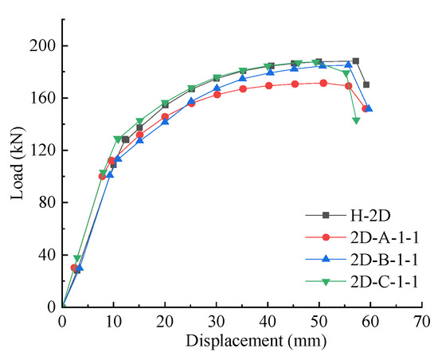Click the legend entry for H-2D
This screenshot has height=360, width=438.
pyautogui.click(x=366, y=214)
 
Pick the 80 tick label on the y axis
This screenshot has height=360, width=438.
pyautogui.click(x=46, y=202)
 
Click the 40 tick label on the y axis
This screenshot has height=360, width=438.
pyautogui.click(x=46, y=255)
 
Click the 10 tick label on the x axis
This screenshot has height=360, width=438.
pyautogui.click(x=113, y=321)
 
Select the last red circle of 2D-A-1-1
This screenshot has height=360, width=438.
pyautogui.click(x=365, y=108)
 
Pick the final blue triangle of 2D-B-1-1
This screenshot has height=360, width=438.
pyautogui.click(x=369, y=108)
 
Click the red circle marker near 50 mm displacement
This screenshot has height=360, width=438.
pyautogui.click(x=323, y=83)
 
